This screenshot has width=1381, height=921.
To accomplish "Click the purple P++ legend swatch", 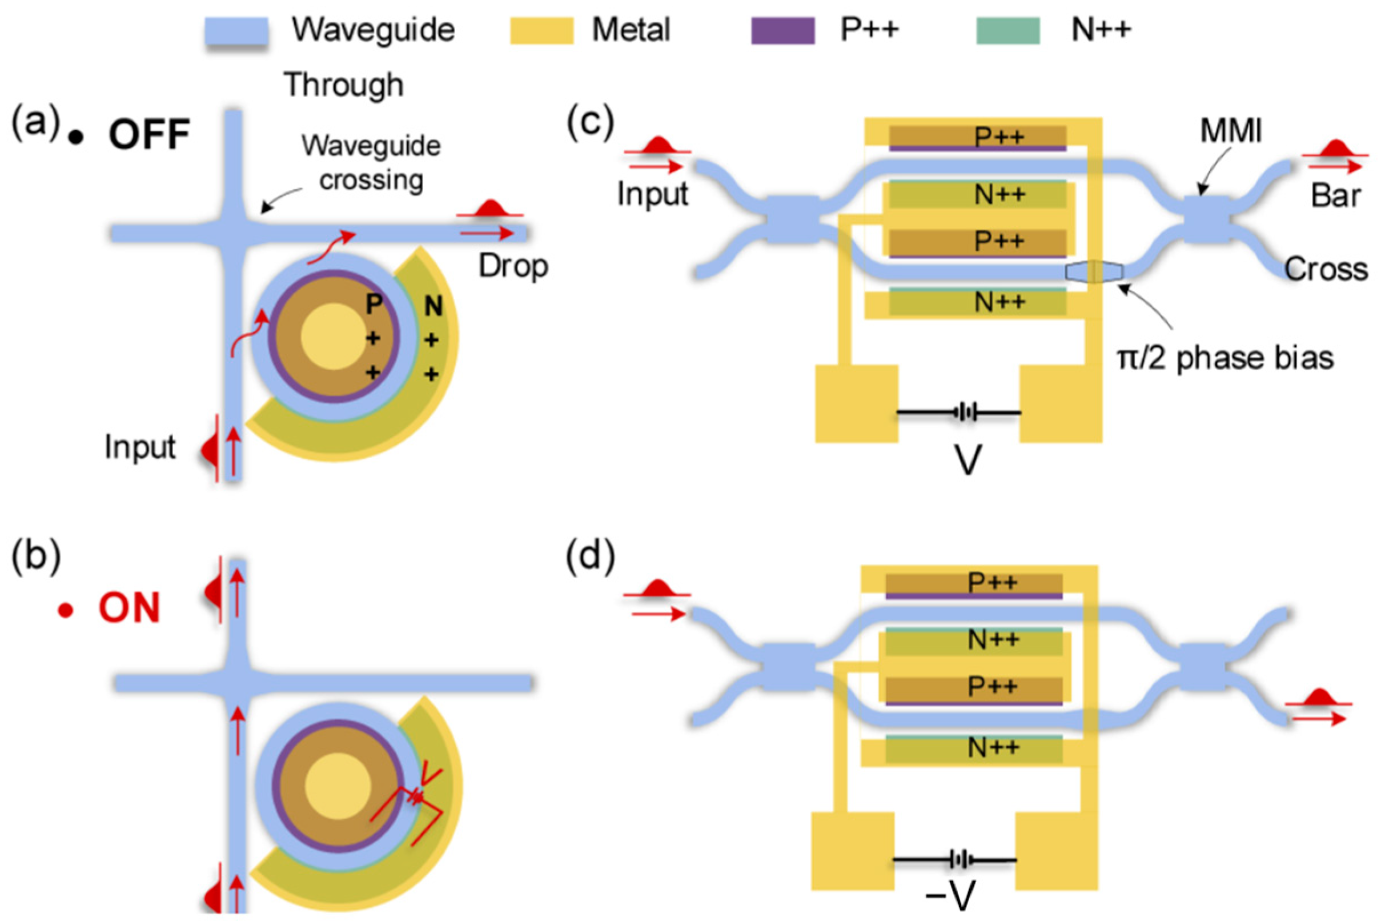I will tap(782, 30).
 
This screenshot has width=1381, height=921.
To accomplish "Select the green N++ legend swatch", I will tap(1007, 30).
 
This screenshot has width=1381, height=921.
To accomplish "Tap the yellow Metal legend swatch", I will tap(541, 30).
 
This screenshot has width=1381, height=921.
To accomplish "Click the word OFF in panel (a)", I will tap(149, 135).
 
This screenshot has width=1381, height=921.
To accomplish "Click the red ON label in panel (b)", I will tap(129, 608).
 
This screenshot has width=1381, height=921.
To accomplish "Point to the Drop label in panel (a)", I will tap(513, 266).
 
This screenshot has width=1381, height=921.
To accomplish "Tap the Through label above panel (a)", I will tap(344, 85).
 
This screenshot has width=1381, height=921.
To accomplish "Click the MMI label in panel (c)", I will tap(1230, 130).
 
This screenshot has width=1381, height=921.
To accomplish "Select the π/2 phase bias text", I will tap(1226, 358).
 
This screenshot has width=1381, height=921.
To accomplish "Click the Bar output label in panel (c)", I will tap(1336, 195).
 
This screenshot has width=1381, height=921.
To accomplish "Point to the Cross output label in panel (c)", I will tap(1325, 269).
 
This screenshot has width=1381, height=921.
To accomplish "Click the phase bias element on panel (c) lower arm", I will tap(1094, 272).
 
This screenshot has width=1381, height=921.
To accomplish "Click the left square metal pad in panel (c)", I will tap(856, 403).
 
